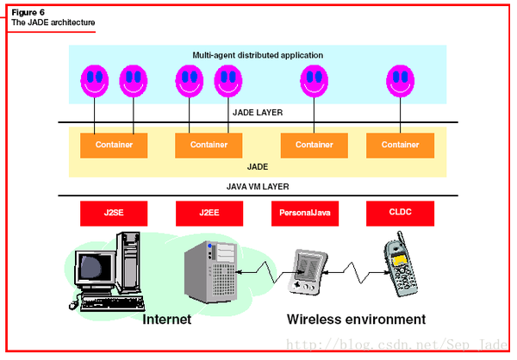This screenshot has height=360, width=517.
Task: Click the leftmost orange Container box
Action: pyautogui.click(x=115, y=145)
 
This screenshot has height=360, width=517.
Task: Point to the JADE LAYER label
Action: pyautogui.click(x=258, y=112)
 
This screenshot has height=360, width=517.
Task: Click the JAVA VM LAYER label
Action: pyautogui.click(x=258, y=185)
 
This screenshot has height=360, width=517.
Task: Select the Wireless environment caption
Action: pyautogui.click(x=356, y=319)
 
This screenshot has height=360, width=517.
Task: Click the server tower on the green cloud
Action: pyautogui.click(x=211, y=269)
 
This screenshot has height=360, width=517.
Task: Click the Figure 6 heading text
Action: pyautogui.click(x=28, y=12)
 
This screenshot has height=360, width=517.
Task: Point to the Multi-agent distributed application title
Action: pyautogui.click(x=258, y=55)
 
